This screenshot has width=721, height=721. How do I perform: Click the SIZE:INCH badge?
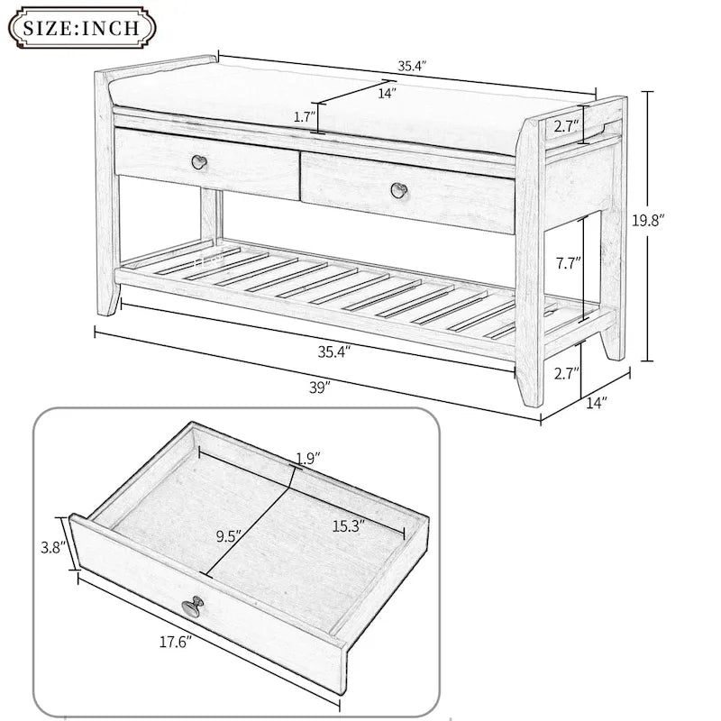[81, 26]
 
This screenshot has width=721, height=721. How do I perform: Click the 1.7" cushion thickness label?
[306, 117]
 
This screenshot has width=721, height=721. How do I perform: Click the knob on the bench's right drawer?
[397, 189]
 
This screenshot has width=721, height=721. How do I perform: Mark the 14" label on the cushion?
[388, 91]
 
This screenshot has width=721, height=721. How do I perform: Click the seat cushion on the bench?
[315, 104]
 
